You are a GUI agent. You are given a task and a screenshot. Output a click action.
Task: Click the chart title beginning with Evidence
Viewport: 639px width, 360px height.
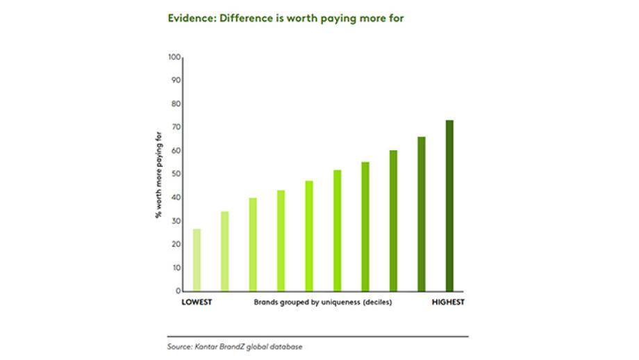(x=285, y=19)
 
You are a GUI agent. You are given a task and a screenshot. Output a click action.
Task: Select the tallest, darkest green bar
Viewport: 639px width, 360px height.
(x=449, y=205)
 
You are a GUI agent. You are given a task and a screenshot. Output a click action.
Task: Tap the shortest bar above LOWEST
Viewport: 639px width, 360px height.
(x=197, y=259)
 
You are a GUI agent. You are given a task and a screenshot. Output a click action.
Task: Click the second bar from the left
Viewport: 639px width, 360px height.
(x=224, y=251)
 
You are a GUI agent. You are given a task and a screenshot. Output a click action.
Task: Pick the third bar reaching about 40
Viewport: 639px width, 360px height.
(x=253, y=244)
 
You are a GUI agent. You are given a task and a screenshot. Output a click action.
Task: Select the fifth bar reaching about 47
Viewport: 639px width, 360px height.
(x=309, y=236)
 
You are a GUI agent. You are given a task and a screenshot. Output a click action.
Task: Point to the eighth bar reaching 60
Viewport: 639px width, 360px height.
(x=393, y=220)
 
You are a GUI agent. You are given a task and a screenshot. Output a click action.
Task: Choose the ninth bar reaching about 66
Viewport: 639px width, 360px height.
(x=421, y=213)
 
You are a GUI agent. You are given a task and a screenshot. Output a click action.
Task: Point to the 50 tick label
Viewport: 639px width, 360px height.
(x=176, y=174)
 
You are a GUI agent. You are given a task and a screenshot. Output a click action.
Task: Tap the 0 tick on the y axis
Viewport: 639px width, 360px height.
(x=179, y=291)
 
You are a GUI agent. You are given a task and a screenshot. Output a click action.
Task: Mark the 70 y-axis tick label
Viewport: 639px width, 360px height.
(x=176, y=127)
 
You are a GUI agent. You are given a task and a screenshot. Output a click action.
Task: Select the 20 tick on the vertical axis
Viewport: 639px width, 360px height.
(x=176, y=244)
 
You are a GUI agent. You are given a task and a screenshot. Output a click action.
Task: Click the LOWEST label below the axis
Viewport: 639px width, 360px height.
(x=197, y=302)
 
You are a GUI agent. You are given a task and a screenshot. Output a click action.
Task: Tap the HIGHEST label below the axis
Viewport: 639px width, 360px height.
(x=448, y=302)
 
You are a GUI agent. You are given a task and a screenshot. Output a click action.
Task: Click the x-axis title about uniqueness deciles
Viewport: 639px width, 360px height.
(x=323, y=302)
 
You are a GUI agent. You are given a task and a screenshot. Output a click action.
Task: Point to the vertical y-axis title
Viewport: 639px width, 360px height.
(x=158, y=174)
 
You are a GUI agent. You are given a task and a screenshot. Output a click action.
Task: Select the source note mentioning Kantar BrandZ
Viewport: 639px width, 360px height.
(x=235, y=346)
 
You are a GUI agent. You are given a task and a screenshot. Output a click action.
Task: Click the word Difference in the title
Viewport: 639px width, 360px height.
(x=246, y=19)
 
